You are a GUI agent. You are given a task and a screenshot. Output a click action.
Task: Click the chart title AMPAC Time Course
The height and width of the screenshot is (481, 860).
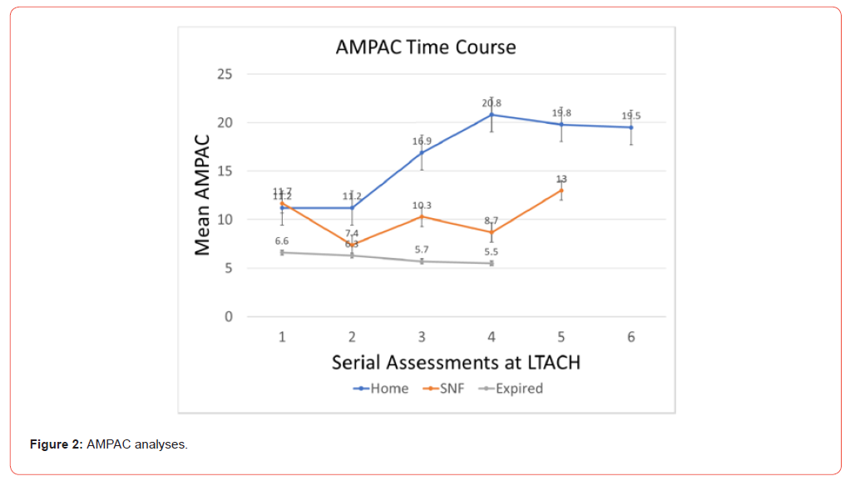(x=426, y=47)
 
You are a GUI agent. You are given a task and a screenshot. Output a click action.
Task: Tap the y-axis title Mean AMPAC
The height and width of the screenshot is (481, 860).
(x=202, y=196)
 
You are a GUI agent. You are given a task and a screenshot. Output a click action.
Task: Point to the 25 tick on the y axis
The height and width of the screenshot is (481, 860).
(x=224, y=75)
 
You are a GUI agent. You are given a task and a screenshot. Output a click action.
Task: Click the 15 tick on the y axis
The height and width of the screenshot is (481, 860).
(x=224, y=171)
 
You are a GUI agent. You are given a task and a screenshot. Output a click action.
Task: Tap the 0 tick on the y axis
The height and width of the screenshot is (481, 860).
(x=228, y=317)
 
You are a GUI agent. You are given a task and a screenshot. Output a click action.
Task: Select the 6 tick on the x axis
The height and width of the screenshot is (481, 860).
(x=631, y=337)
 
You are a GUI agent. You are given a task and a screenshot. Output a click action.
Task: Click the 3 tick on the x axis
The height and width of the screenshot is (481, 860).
(x=422, y=337)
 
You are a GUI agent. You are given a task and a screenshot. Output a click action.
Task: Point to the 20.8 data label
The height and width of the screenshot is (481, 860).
(x=492, y=103)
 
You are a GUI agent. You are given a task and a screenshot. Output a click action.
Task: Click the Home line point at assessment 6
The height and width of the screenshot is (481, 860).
(x=631, y=127)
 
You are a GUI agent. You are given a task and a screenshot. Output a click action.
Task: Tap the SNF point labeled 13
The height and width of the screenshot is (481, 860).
(x=561, y=191)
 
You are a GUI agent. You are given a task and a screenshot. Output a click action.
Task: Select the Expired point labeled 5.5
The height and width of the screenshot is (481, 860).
(x=492, y=263)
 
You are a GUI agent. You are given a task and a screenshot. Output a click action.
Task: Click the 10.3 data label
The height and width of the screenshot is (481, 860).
(x=422, y=206)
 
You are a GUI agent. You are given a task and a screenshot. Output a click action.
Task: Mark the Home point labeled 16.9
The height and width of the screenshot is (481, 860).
(x=422, y=152)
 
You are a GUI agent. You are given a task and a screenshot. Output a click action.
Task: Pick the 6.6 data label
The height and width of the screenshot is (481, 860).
(x=282, y=240)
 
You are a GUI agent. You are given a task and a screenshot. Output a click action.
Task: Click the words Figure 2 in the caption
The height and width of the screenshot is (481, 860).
(x=56, y=445)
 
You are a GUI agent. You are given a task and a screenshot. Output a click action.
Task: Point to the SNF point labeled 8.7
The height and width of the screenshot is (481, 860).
(x=492, y=232)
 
